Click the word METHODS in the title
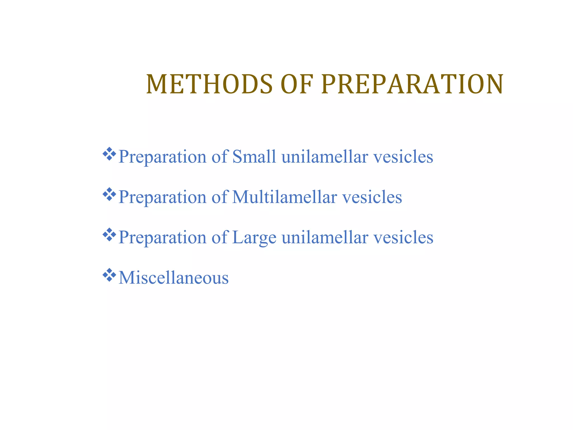[209, 84]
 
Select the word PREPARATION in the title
[412, 84]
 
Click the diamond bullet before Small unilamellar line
[109, 154]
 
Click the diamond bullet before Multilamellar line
[109, 195]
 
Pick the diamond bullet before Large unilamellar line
[109, 235]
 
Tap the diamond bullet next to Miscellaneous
[109, 275]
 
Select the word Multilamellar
[284, 197]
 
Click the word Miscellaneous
[173, 278]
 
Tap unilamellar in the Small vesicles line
[325, 156]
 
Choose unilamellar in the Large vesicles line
[325, 237]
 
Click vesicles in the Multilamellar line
[372, 197]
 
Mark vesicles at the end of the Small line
[403, 157]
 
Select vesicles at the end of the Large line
[403, 237]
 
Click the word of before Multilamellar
[219, 197]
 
